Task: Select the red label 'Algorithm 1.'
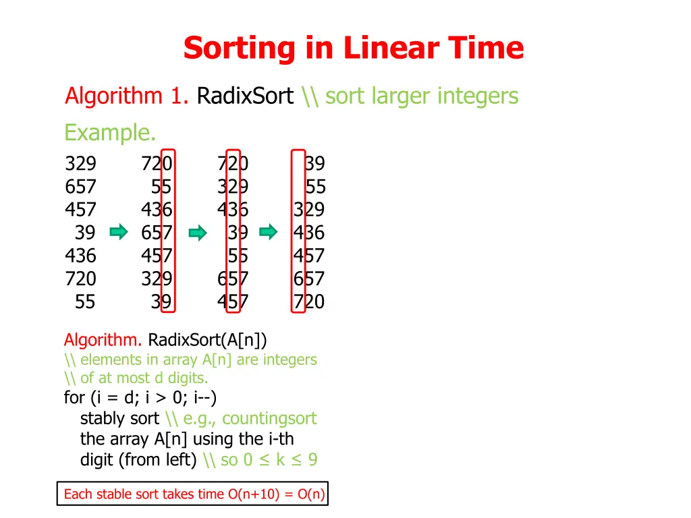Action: click(x=126, y=96)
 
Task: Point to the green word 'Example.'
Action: click(x=110, y=132)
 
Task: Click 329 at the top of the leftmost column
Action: click(x=80, y=164)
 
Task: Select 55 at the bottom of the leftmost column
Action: click(x=85, y=301)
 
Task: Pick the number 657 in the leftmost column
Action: click(x=80, y=187)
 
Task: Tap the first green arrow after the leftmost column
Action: click(x=119, y=233)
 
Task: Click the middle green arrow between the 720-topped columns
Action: click(x=198, y=233)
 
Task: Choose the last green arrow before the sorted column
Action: click(x=269, y=233)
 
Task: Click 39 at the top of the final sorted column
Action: click(x=314, y=164)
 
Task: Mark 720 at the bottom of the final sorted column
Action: click(x=309, y=301)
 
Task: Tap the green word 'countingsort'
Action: click(x=269, y=418)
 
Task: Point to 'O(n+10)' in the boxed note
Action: click(x=256, y=494)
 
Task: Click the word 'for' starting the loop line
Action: click(x=74, y=398)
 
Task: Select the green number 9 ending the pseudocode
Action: click(x=312, y=460)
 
